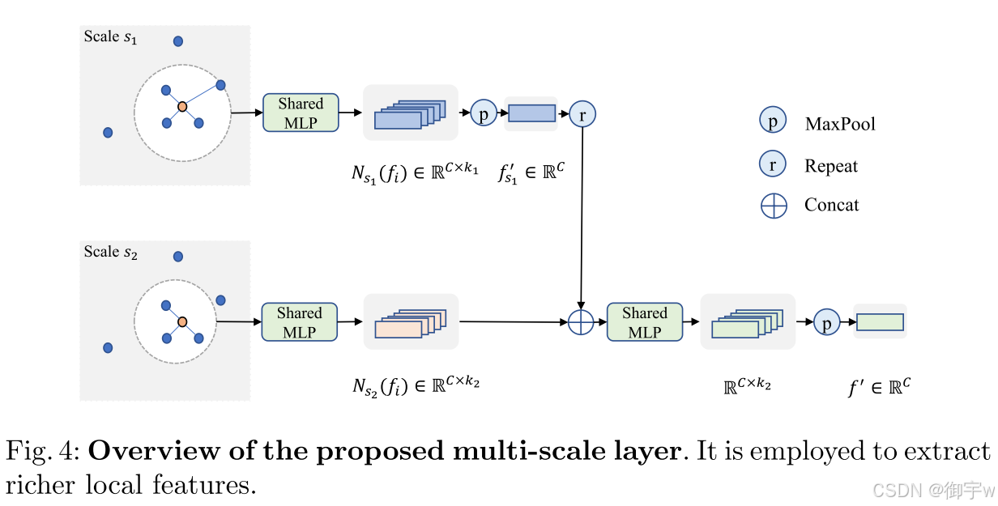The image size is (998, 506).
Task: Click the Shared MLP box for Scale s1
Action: tap(301, 113)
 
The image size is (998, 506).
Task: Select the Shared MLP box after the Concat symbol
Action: tap(645, 322)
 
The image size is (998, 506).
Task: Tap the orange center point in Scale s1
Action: tap(183, 106)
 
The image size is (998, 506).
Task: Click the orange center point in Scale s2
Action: tap(183, 321)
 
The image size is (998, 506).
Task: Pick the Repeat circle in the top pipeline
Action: tap(582, 114)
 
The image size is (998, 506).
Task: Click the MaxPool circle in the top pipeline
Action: tap(484, 113)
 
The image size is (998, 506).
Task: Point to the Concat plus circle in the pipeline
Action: tap(581, 321)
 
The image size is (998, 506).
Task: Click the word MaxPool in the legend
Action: tap(840, 124)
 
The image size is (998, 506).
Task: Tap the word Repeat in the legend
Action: tap(830, 166)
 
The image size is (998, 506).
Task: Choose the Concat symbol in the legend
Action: tap(774, 206)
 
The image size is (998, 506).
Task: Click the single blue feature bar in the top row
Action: tap(531, 113)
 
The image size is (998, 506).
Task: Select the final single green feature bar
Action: tap(880, 321)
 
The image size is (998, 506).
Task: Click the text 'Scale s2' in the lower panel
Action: tap(111, 253)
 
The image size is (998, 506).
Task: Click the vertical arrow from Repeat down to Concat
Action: tap(582, 219)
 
